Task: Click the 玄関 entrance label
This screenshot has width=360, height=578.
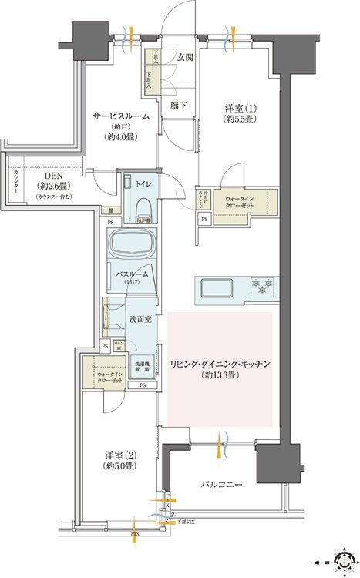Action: pos(185,57)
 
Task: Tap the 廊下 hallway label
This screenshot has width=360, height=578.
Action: pos(179,106)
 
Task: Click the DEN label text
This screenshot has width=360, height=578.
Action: pos(52,176)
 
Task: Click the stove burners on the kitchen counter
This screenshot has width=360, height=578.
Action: pos(263,287)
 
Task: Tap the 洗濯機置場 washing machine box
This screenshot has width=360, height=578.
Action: pos(143,367)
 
